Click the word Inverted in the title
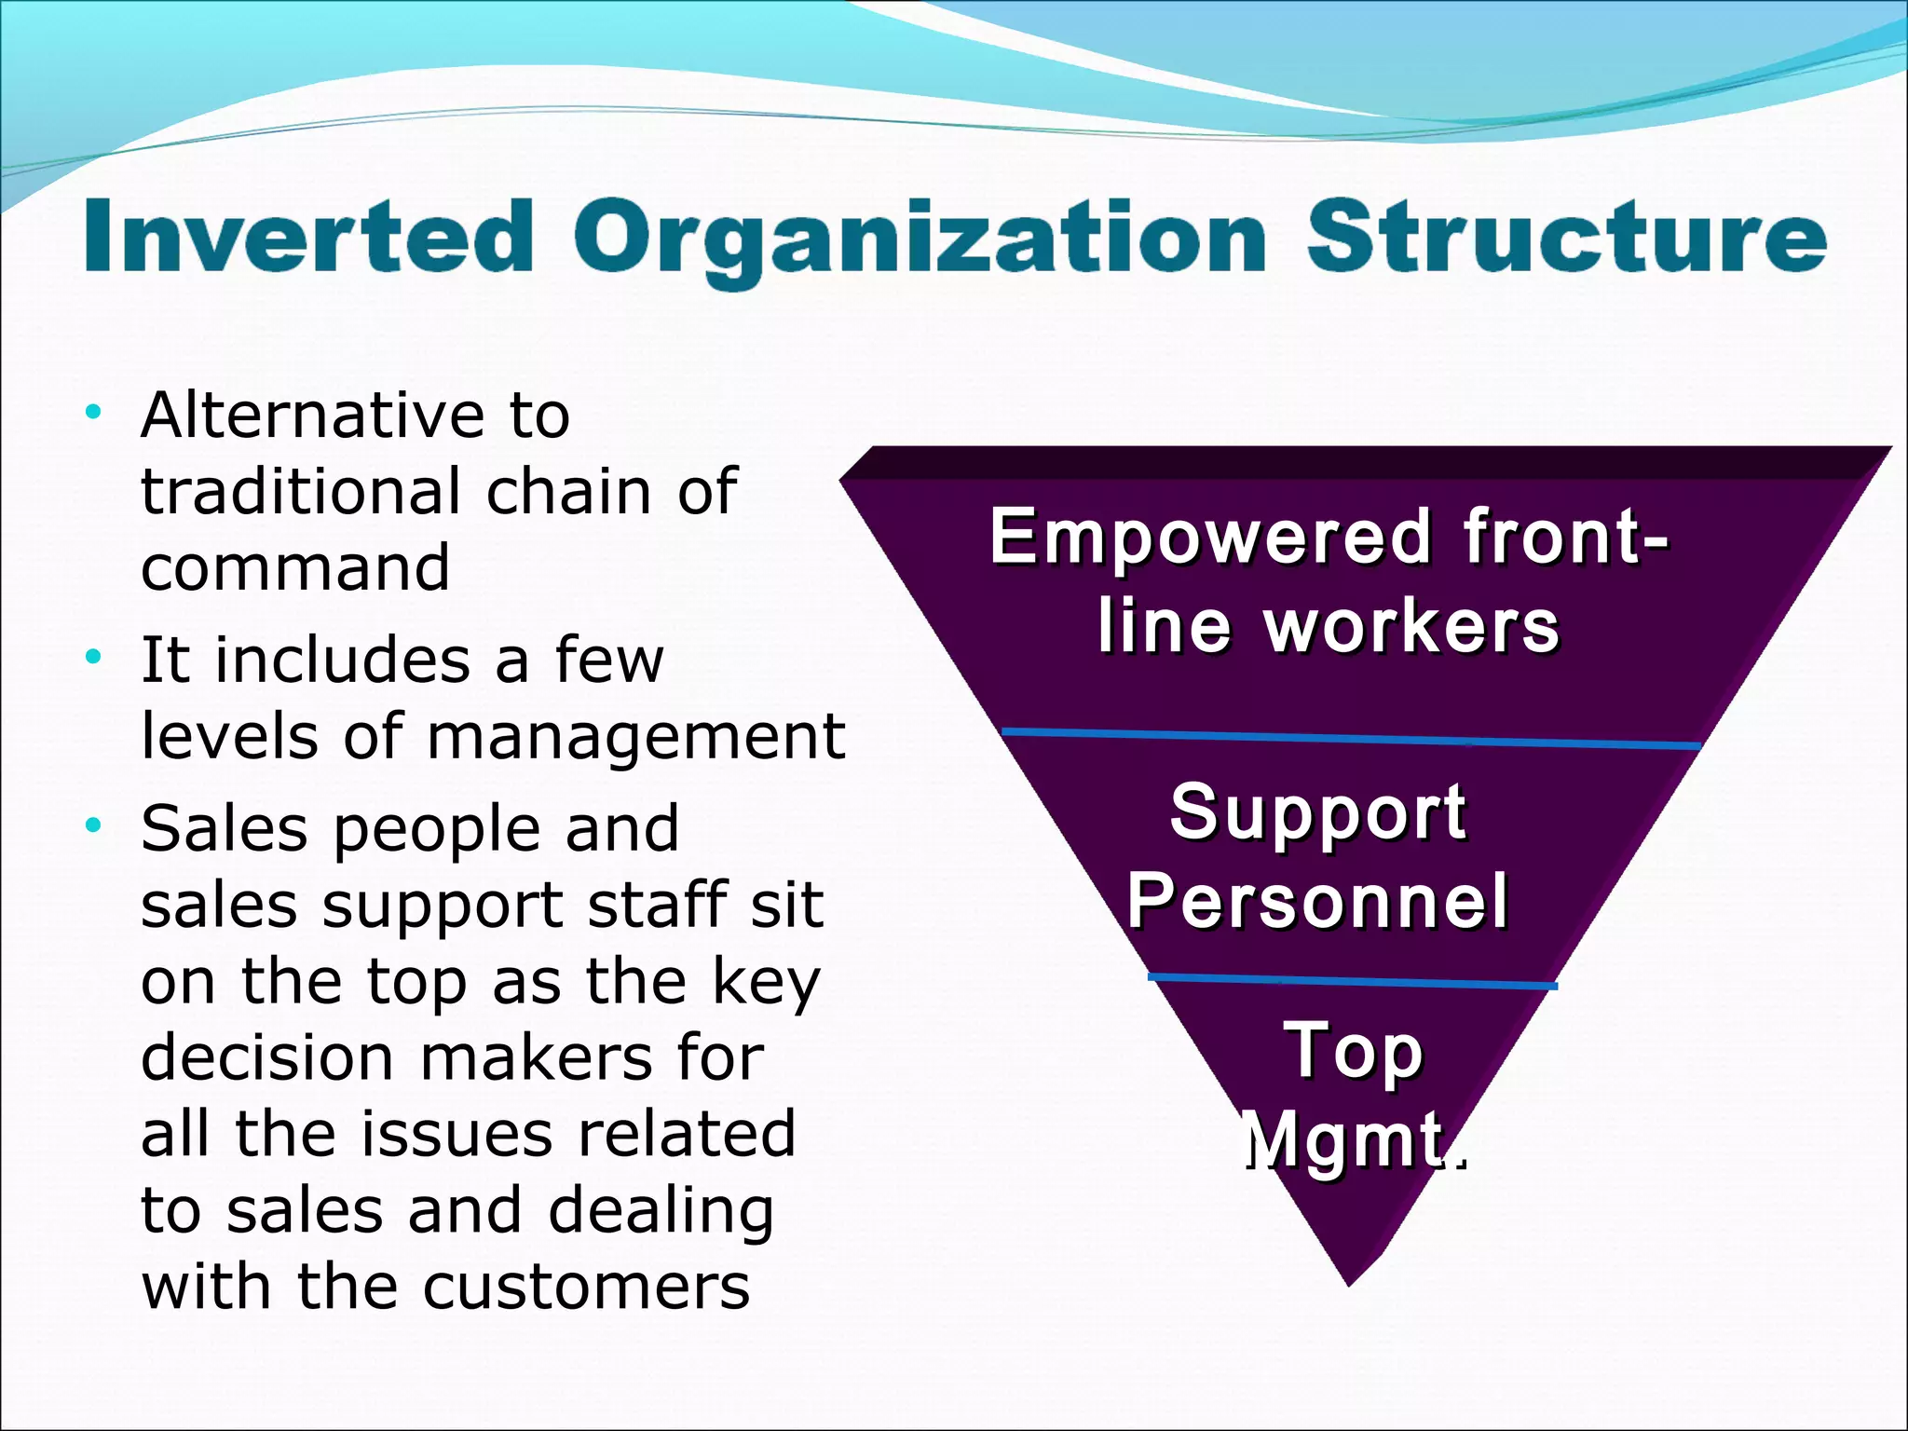[308, 237]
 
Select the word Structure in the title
[1566, 237]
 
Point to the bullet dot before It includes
[92, 657]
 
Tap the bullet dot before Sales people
[92, 825]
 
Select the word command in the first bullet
[295, 567]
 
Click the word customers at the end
[586, 1287]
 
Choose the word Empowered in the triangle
[1210, 538]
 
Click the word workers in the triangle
[1411, 627]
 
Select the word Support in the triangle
[1317, 811]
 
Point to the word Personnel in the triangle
[1317, 901]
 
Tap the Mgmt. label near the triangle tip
[1354, 1140]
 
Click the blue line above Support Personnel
[1351, 739]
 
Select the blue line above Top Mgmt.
[1351, 981]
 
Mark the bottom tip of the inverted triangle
[1349, 1284]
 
